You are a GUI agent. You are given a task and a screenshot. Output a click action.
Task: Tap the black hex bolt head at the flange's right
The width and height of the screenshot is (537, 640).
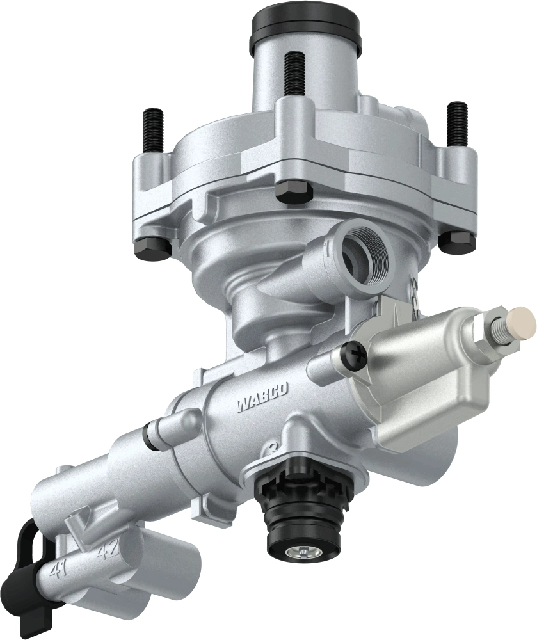click(x=458, y=241)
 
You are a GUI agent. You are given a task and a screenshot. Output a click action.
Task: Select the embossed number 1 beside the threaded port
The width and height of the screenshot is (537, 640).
click(x=327, y=246)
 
